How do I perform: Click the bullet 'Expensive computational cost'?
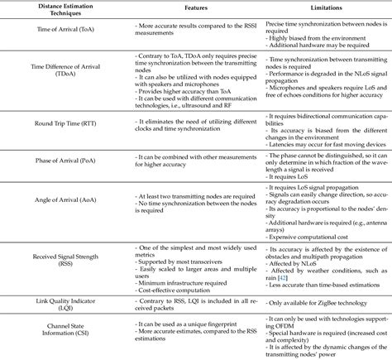[x=318, y=233]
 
